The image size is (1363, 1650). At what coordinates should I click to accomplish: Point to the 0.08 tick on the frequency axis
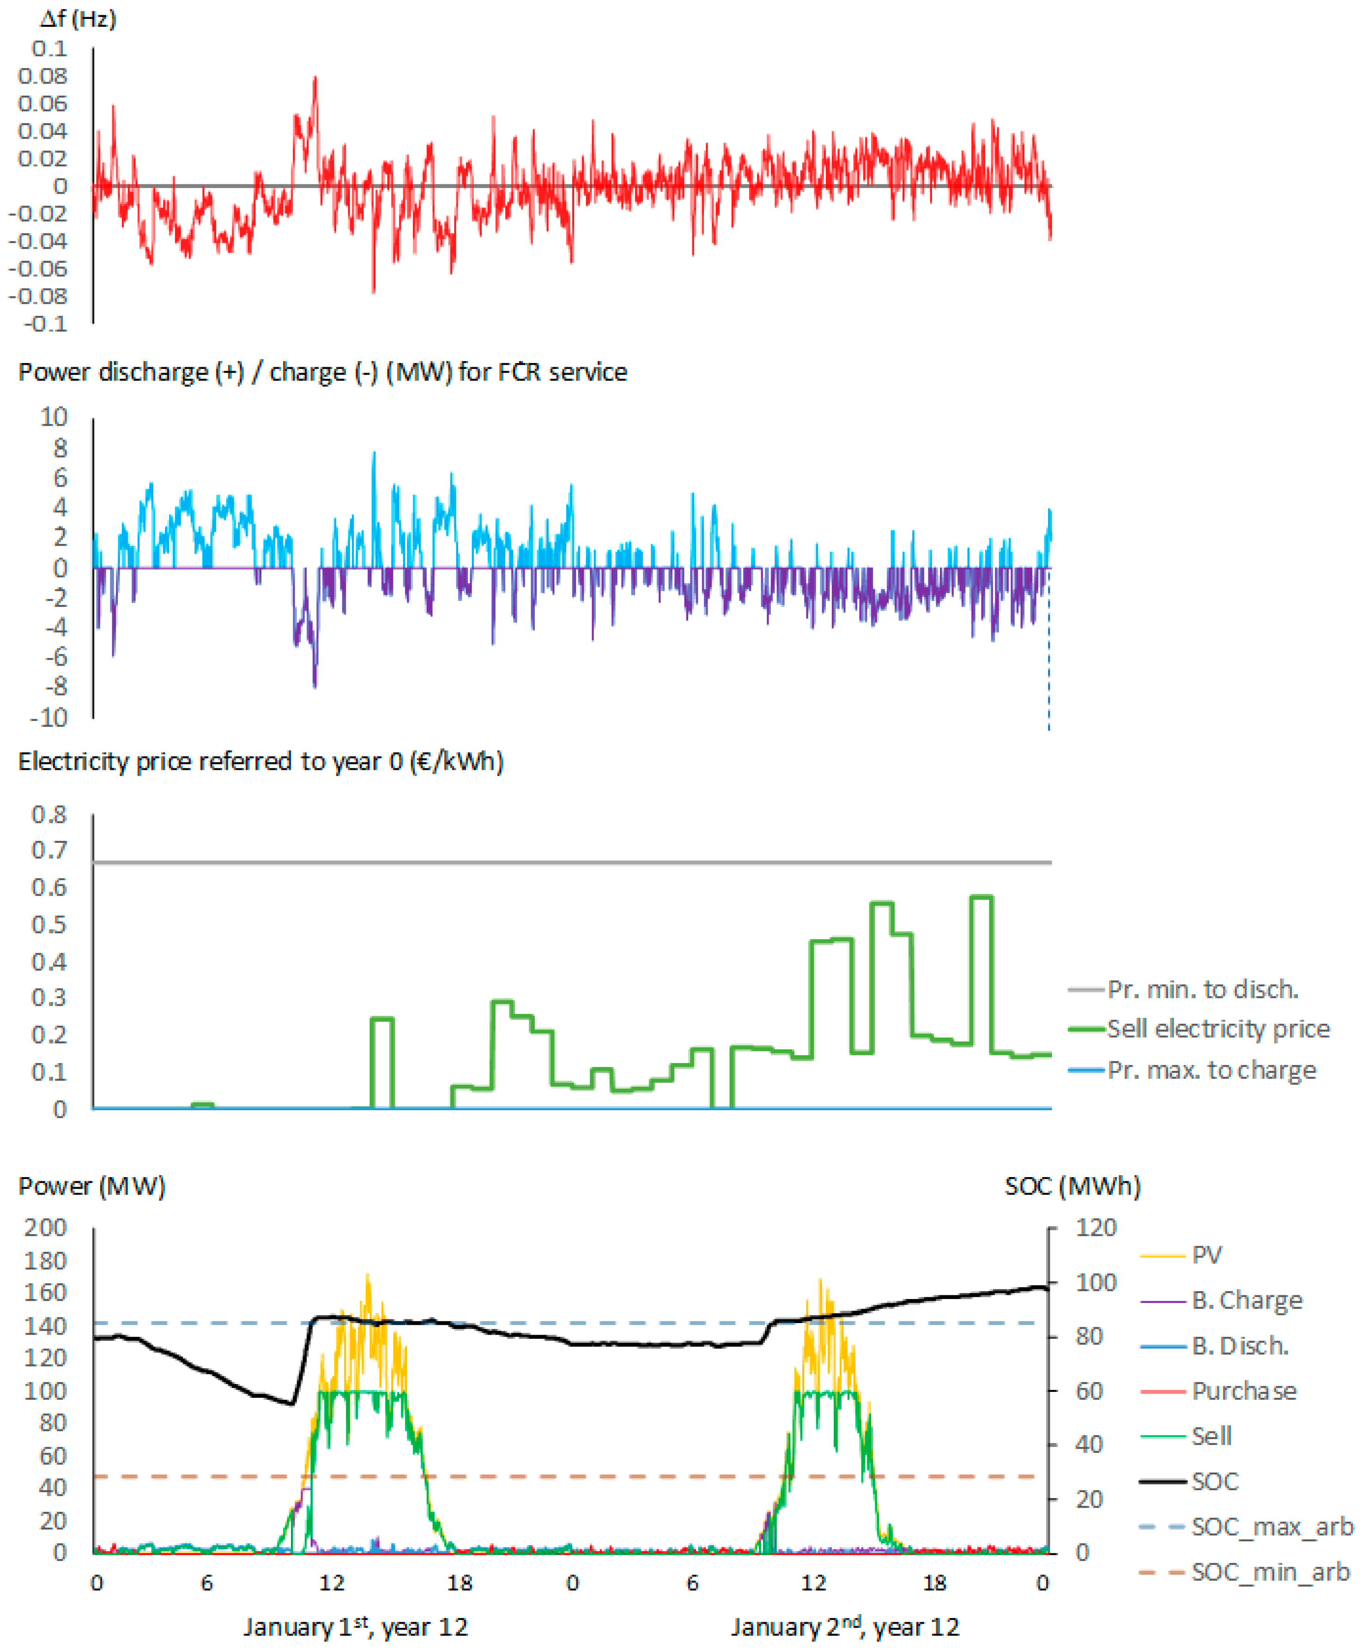click(42, 76)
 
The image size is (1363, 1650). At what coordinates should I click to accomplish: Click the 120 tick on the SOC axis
click(1095, 1228)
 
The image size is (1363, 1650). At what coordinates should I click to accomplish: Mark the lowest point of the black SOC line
click(292, 1403)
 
